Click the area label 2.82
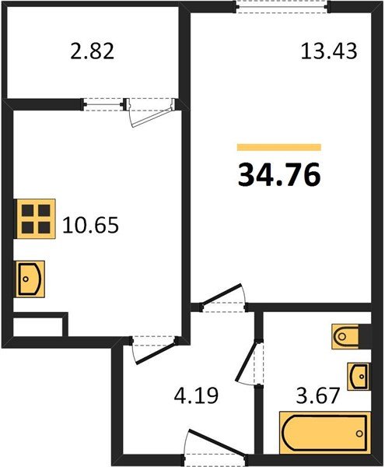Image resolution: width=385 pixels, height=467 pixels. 92,51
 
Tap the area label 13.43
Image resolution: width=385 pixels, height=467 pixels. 328,51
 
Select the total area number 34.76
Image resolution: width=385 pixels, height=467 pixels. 278,175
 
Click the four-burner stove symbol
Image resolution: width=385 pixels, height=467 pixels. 37,219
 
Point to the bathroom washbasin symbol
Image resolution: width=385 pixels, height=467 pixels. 358,377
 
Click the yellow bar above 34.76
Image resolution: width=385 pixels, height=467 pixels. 278,146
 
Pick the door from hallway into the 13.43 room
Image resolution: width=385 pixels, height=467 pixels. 222,298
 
